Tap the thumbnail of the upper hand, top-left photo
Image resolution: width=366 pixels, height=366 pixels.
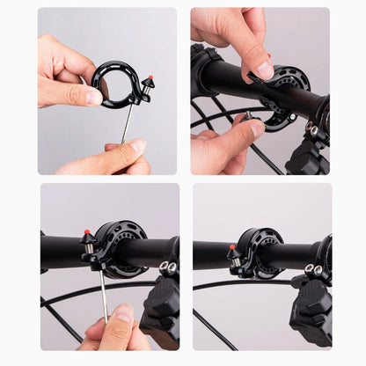pos(93,97)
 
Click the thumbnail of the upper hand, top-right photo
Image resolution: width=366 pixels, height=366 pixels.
pos(262,70)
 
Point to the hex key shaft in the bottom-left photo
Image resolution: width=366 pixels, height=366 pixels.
pos(103,295)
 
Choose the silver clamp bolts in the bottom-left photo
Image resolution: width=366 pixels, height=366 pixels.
pos(167,267)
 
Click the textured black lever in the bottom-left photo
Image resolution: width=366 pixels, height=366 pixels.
pos(163,304)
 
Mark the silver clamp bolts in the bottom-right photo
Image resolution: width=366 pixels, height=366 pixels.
pos(313,269)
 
